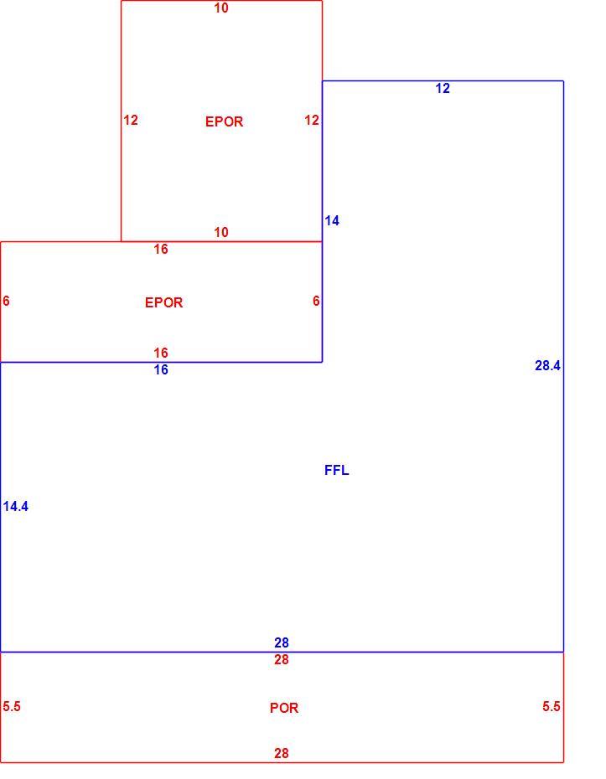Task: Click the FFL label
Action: (337, 470)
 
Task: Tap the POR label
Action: (284, 708)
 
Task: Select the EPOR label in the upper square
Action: (224, 121)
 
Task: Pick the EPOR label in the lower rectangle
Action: (164, 302)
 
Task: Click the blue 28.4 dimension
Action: (547, 366)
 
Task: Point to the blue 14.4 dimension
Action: (15, 506)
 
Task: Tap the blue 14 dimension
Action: (332, 220)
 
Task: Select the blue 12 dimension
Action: (443, 88)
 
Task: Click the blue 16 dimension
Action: (161, 369)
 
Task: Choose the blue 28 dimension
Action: (282, 642)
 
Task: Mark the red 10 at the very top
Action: (221, 8)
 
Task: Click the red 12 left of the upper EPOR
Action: (131, 120)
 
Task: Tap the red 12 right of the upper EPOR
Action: (312, 120)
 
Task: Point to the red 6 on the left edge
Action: (6, 301)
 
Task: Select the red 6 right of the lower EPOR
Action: (316, 301)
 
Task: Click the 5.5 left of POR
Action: (12, 706)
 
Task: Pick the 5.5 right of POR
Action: (552, 706)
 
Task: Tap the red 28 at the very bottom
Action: (282, 753)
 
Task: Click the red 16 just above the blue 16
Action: (161, 353)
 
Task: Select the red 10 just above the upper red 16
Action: (221, 232)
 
